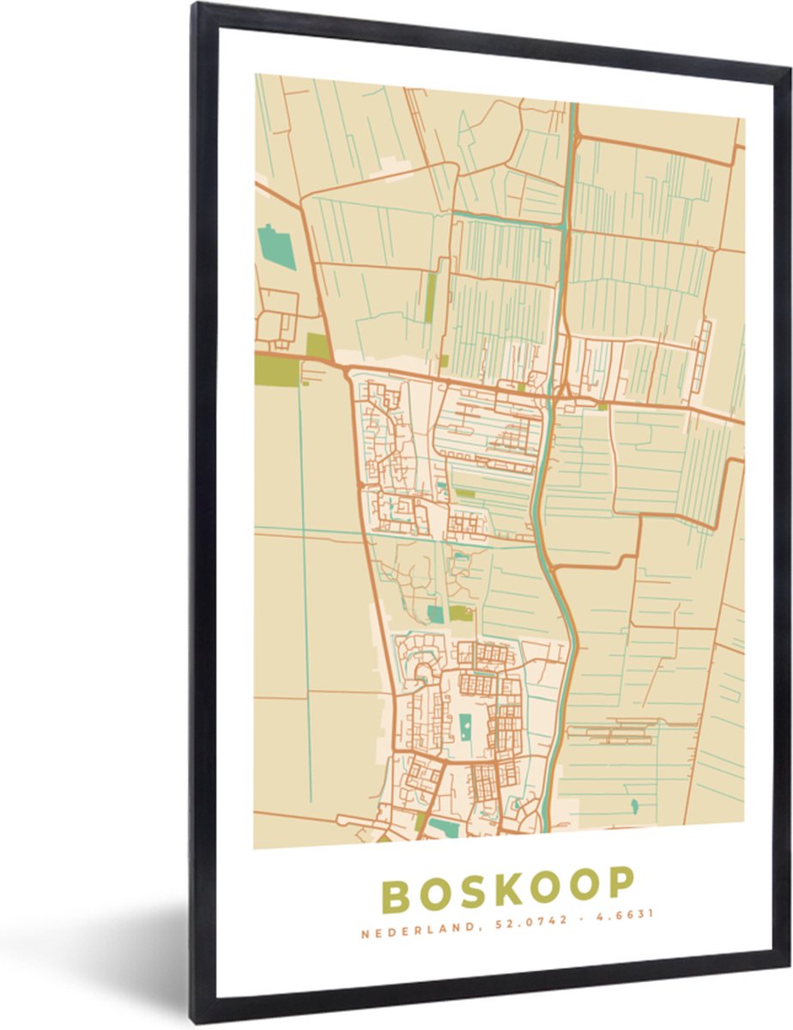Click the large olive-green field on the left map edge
click(x=277, y=372)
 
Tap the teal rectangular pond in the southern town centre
click(x=464, y=729)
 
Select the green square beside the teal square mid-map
click(x=462, y=613)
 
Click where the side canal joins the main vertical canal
click(x=561, y=224)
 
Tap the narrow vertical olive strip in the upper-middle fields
click(x=430, y=297)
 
